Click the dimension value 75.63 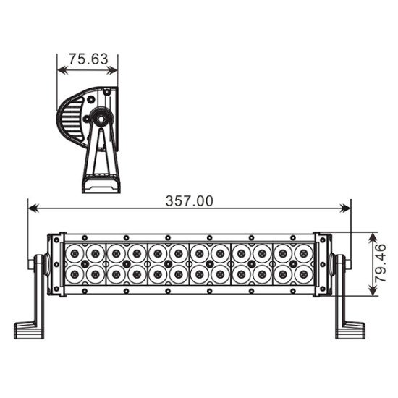(87, 59)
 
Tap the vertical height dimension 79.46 (385, 264)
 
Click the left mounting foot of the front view (29, 329)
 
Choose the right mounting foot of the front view (349, 329)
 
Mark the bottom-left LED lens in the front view (75, 275)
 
